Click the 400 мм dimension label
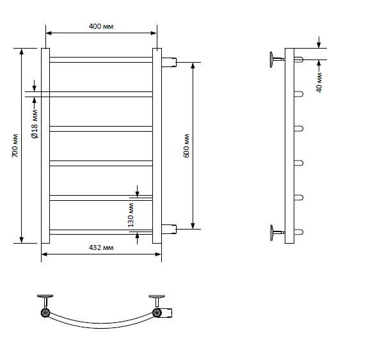pyautogui.click(x=101, y=26)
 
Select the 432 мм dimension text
pyautogui.click(x=101, y=247)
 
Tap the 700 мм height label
pyautogui.click(x=15, y=146)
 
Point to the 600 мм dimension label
pyautogui.click(x=186, y=146)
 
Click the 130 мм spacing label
pyautogui.click(x=131, y=215)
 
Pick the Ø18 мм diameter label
pyautogui.click(x=35, y=124)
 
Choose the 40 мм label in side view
pyautogui.click(x=319, y=82)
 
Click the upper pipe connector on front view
pyautogui.click(x=169, y=62)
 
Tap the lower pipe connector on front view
pyautogui.click(x=169, y=229)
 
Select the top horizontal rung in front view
pyautogui.click(x=101, y=59)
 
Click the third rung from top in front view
pyautogui.click(x=101, y=129)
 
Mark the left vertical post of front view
pyautogui.click(x=45, y=146)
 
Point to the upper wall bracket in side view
pyautogui.click(x=277, y=59)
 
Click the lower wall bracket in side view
pyautogui.click(x=277, y=233)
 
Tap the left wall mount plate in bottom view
pyautogui.click(x=45, y=296)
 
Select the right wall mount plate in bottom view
pyautogui.click(x=157, y=296)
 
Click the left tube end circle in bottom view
pyautogui.click(x=45, y=313)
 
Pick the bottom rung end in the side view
pyautogui.click(x=299, y=232)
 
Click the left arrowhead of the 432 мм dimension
pyautogui.click(x=44, y=254)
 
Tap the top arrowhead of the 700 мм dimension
pyautogui.click(x=22, y=51)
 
